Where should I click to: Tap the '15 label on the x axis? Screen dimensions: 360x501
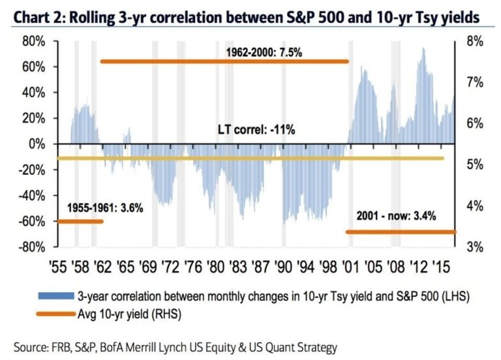pyautogui.click(x=442, y=266)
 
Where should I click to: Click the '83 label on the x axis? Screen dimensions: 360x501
pyautogui.click(x=239, y=266)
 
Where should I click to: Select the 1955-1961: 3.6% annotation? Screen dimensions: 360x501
pyautogui.click(x=104, y=209)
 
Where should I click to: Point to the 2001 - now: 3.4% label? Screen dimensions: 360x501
pyautogui.click(x=397, y=215)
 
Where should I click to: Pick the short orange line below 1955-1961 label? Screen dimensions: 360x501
pyautogui.click(x=80, y=222)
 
